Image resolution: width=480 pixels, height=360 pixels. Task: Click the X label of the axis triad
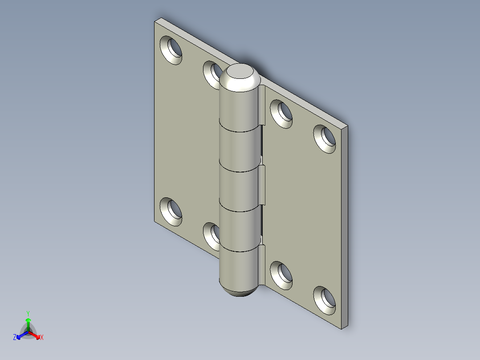pyautogui.click(x=42, y=338)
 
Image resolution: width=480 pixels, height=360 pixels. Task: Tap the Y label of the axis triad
pyautogui.click(x=28, y=313)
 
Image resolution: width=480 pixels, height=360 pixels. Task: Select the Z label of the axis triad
pyautogui.click(x=15, y=338)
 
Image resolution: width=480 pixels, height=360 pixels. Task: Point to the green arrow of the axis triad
pyautogui.click(x=28, y=322)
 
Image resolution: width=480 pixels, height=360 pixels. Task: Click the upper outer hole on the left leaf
pyautogui.click(x=171, y=49)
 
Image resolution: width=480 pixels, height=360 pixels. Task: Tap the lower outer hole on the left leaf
pyautogui.click(x=171, y=211)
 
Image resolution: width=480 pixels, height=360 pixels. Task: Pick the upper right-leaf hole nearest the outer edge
pyautogui.click(x=325, y=138)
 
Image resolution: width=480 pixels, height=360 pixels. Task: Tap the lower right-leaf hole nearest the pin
pyautogui.click(x=282, y=274)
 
